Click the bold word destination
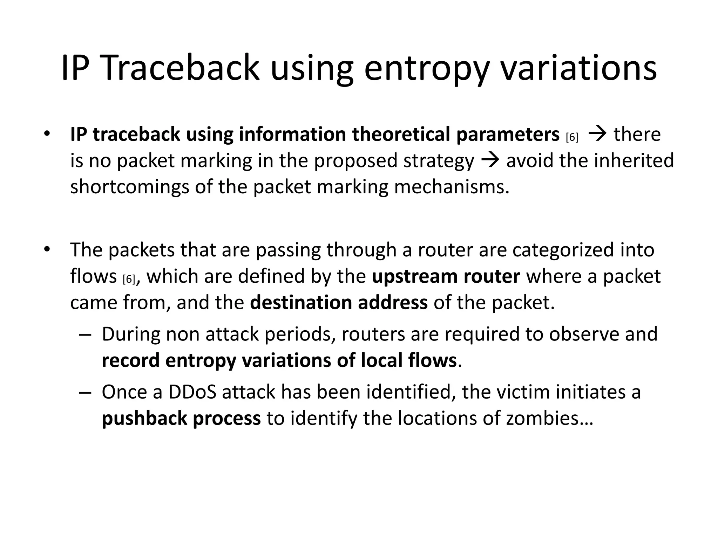[300, 303]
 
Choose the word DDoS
[192, 392]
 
